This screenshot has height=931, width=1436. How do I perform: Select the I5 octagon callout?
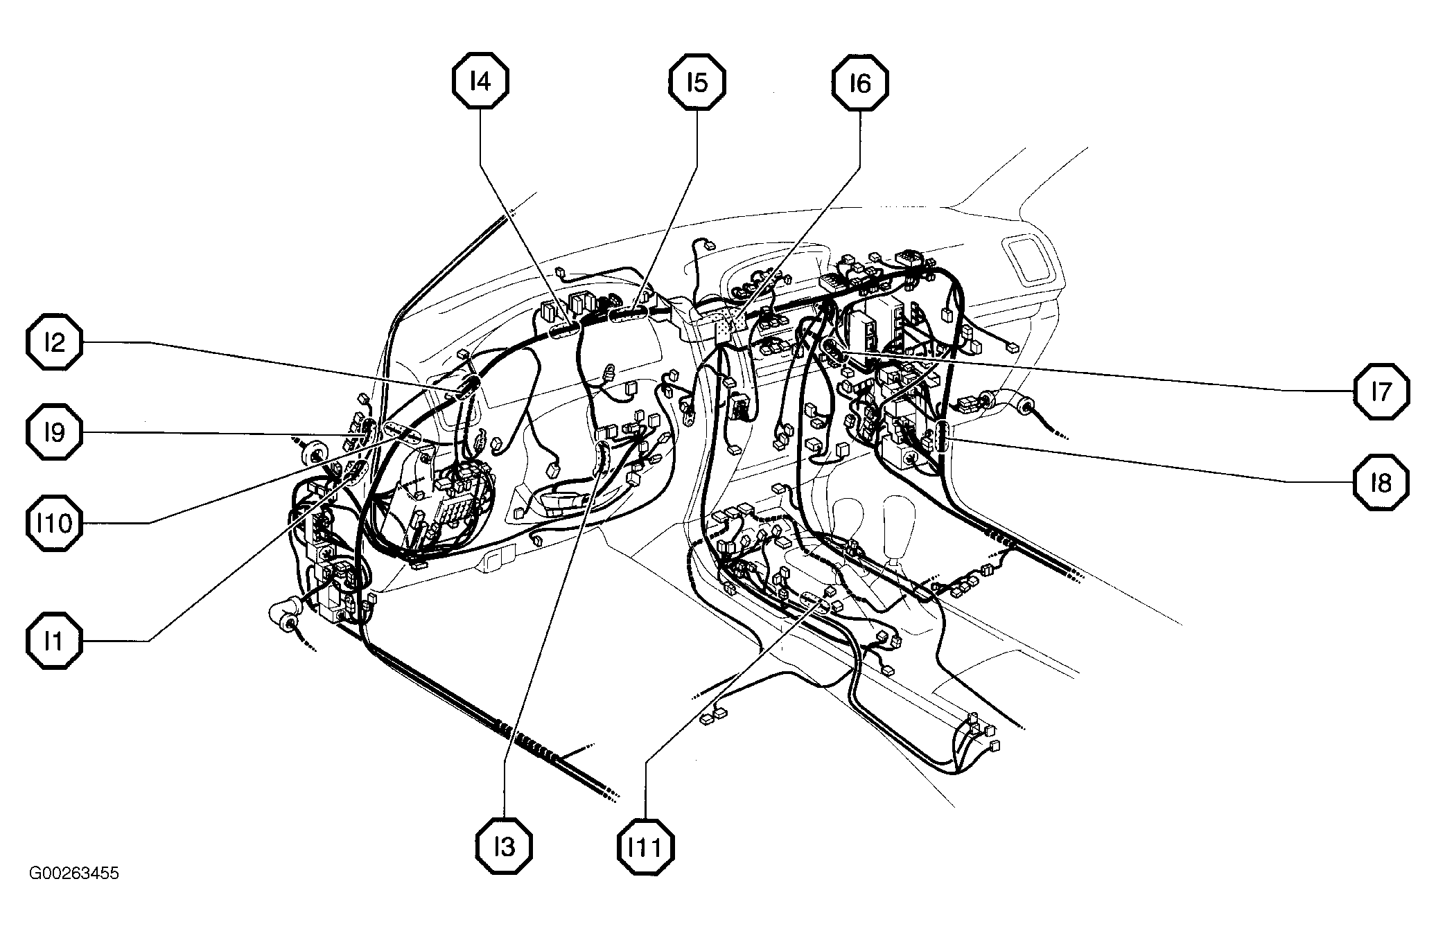[697, 82]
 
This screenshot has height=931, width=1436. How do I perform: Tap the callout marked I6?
[859, 82]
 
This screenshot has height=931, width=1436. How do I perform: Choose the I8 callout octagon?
[1381, 482]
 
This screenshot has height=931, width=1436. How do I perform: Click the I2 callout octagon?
[55, 342]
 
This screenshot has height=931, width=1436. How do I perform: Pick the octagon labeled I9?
[55, 432]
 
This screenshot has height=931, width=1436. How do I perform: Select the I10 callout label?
[55, 523]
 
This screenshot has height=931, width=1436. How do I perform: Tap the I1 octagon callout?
[55, 641]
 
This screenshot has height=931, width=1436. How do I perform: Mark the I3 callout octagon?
[505, 846]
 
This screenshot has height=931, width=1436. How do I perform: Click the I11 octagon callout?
[645, 846]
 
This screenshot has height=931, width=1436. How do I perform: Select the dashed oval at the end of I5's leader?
[629, 315]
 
